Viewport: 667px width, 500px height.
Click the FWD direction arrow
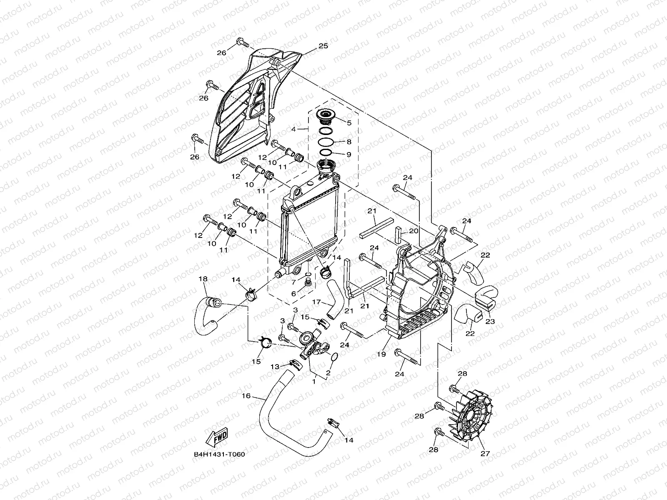[216, 436]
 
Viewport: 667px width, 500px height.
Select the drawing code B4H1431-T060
[219, 455]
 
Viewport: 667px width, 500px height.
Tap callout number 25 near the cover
[323, 46]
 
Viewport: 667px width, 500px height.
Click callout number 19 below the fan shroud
[381, 354]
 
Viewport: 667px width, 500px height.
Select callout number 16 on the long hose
[246, 396]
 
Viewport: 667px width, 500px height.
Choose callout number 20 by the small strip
[413, 231]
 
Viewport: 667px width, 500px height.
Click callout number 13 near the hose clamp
[275, 367]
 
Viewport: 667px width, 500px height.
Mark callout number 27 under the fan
[485, 454]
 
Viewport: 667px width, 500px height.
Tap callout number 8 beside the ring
[349, 142]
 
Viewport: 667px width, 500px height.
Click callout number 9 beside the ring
[349, 155]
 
